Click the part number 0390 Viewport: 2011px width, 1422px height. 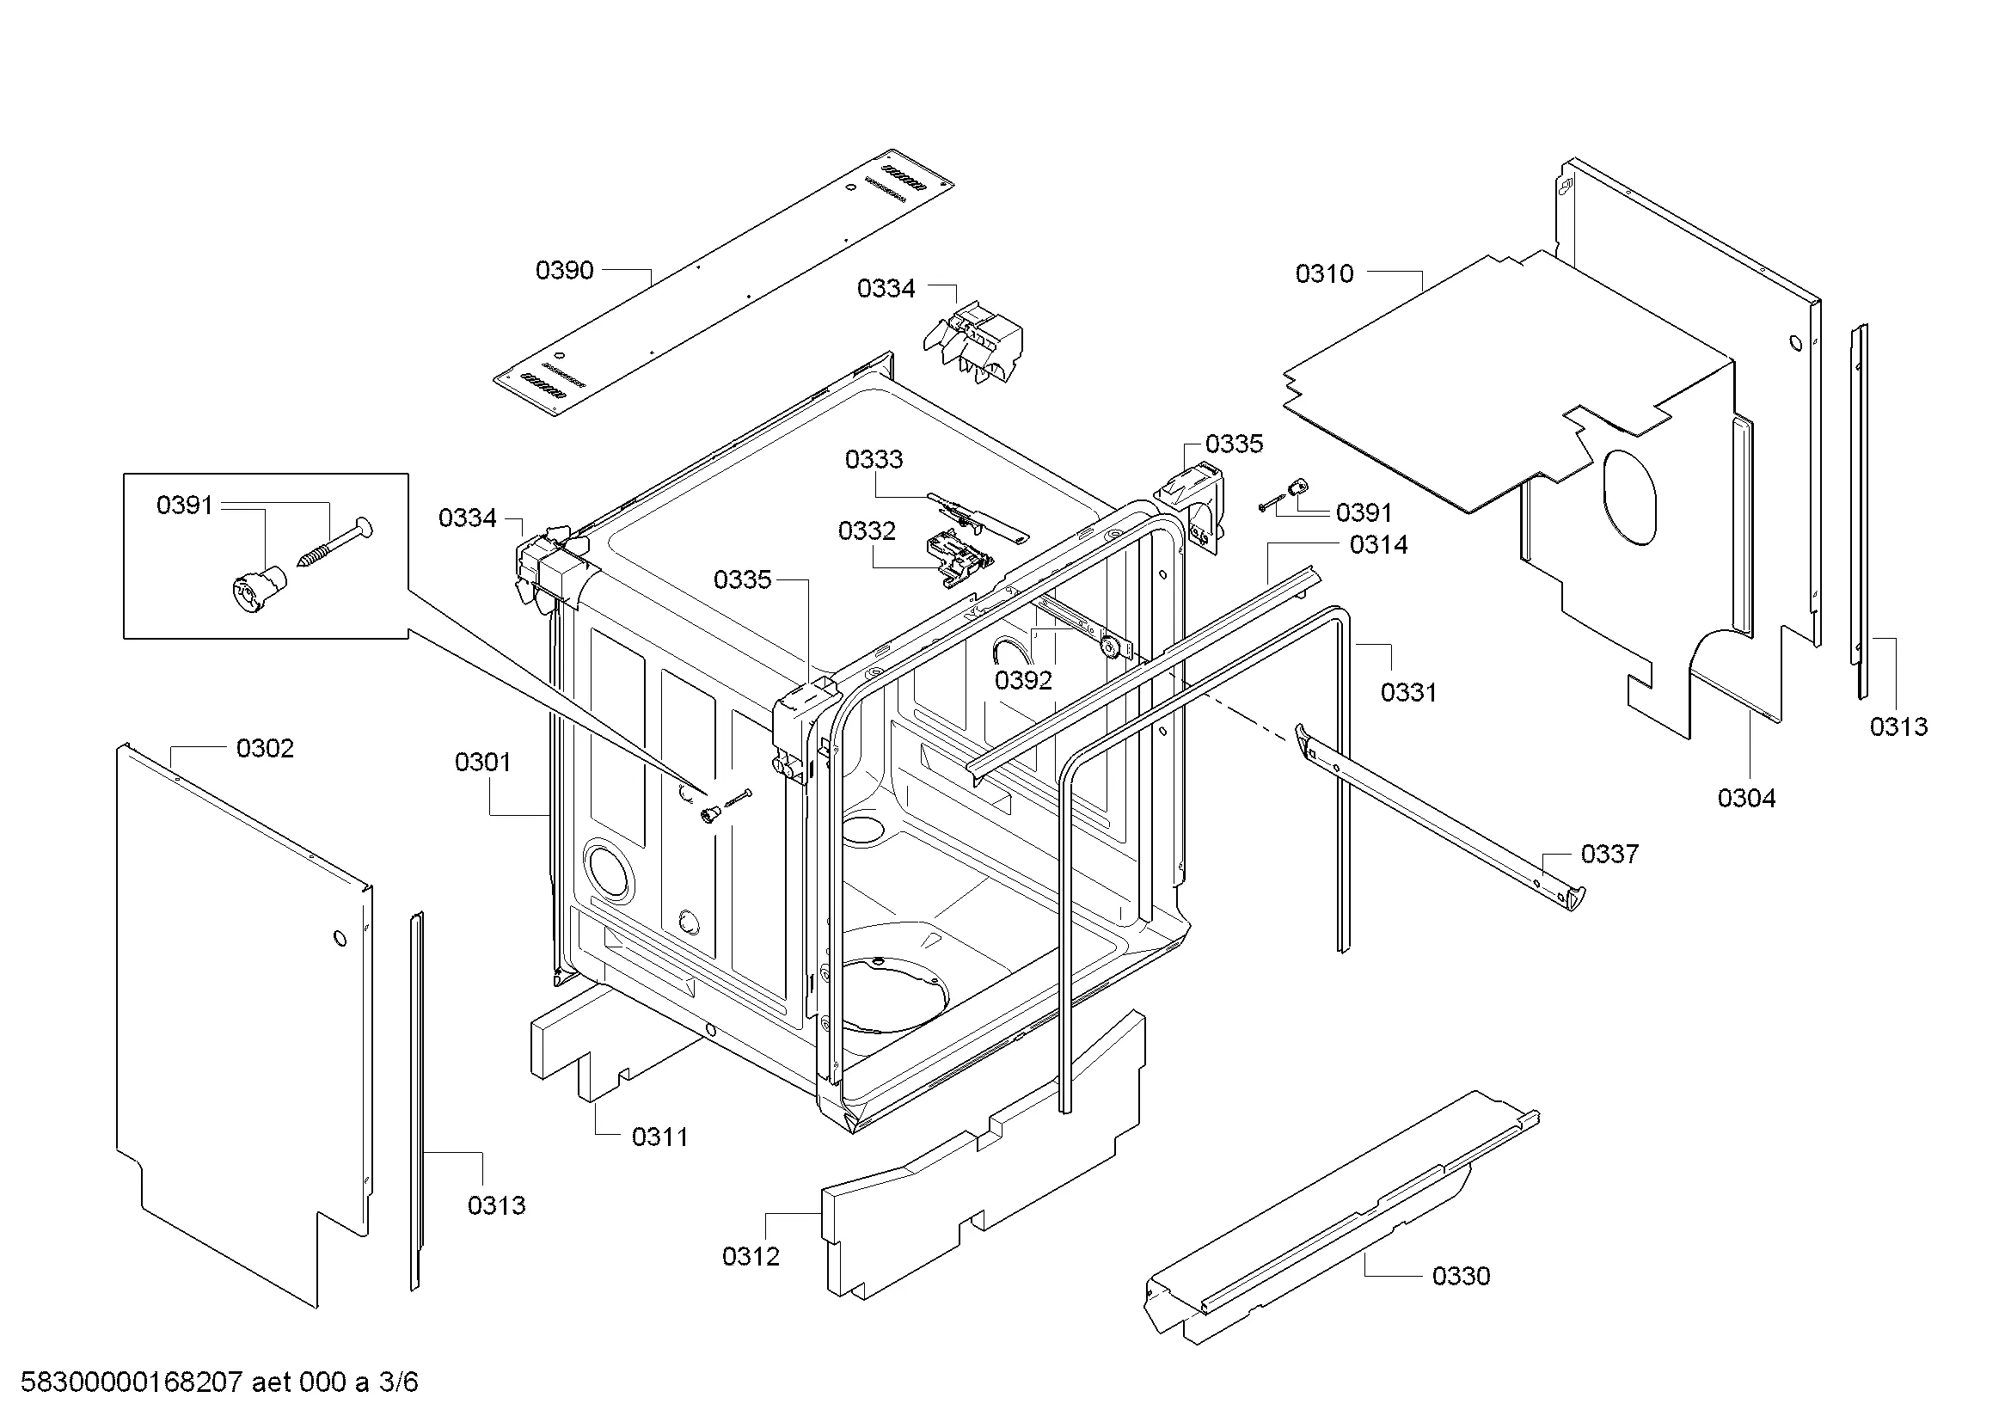click(564, 271)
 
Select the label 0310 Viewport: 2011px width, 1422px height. click(1324, 274)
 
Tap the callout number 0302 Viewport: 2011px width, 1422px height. click(265, 749)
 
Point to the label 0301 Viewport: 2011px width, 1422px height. click(482, 763)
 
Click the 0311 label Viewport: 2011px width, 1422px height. click(659, 1137)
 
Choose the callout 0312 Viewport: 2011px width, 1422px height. click(751, 1257)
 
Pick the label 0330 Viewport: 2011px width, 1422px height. click(1461, 1276)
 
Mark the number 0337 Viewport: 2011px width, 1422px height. click(1609, 854)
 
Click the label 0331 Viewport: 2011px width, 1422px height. click(1409, 693)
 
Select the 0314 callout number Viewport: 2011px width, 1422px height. click(1378, 544)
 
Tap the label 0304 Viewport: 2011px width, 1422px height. click(1746, 798)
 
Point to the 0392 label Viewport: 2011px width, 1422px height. click(1023, 680)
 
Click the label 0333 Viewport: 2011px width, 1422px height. click(874, 459)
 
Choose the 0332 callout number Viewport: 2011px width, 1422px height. click(868, 530)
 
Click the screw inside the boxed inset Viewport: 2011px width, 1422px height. click(334, 542)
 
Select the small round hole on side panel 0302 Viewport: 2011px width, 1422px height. click(340, 939)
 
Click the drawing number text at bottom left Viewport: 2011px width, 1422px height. click(219, 1382)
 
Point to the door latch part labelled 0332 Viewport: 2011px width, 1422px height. click(961, 559)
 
